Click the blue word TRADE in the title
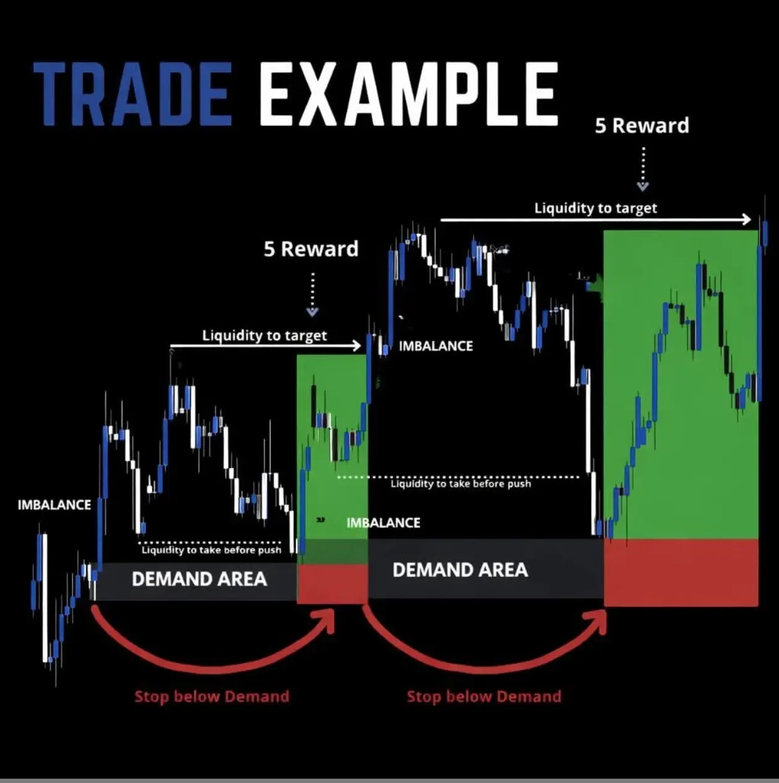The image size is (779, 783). [x=134, y=94]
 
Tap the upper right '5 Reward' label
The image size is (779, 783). [x=642, y=125]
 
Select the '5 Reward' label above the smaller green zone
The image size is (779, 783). [x=311, y=249]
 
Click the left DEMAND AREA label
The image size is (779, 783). [x=200, y=579]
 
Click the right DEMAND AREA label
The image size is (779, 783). [x=461, y=570]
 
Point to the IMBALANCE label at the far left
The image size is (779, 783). [x=54, y=505]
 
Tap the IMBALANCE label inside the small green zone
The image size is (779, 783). [x=383, y=523]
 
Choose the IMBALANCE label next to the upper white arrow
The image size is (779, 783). [x=436, y=346]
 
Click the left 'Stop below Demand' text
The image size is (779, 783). [x=211, y=696]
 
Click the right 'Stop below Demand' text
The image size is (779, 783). [x=484, y=696]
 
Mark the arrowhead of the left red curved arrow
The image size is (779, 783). [x=325, y=619]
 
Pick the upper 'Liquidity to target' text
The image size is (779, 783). [x=595, y=208]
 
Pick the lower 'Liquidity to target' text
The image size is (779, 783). [x=265, y=336]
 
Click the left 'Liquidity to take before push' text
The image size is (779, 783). [x=211, y=550]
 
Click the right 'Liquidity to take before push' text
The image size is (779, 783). [x=461, y=484]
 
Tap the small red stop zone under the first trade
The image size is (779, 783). [x=333, y=583]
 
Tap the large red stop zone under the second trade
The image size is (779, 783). [x=681, y=573]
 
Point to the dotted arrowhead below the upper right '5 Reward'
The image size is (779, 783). [x=642, y=186]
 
